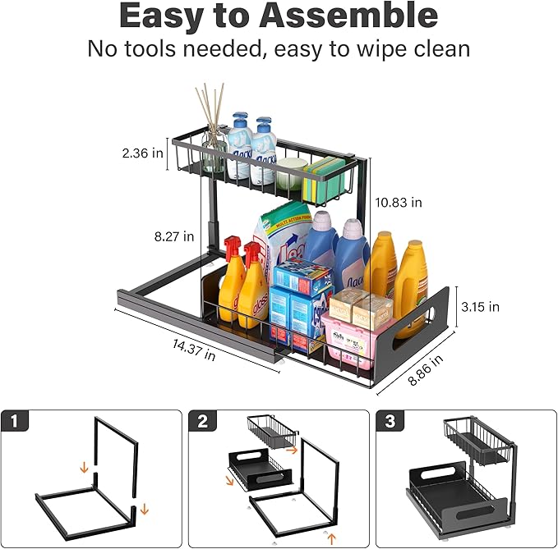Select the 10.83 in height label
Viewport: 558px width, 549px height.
click(x=399, y=202)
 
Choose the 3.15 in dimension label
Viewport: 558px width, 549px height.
click(x=479, y=307)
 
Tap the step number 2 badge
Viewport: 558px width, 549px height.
click(x=202, y=422)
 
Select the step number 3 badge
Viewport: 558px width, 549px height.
click(x=389, y=422)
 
